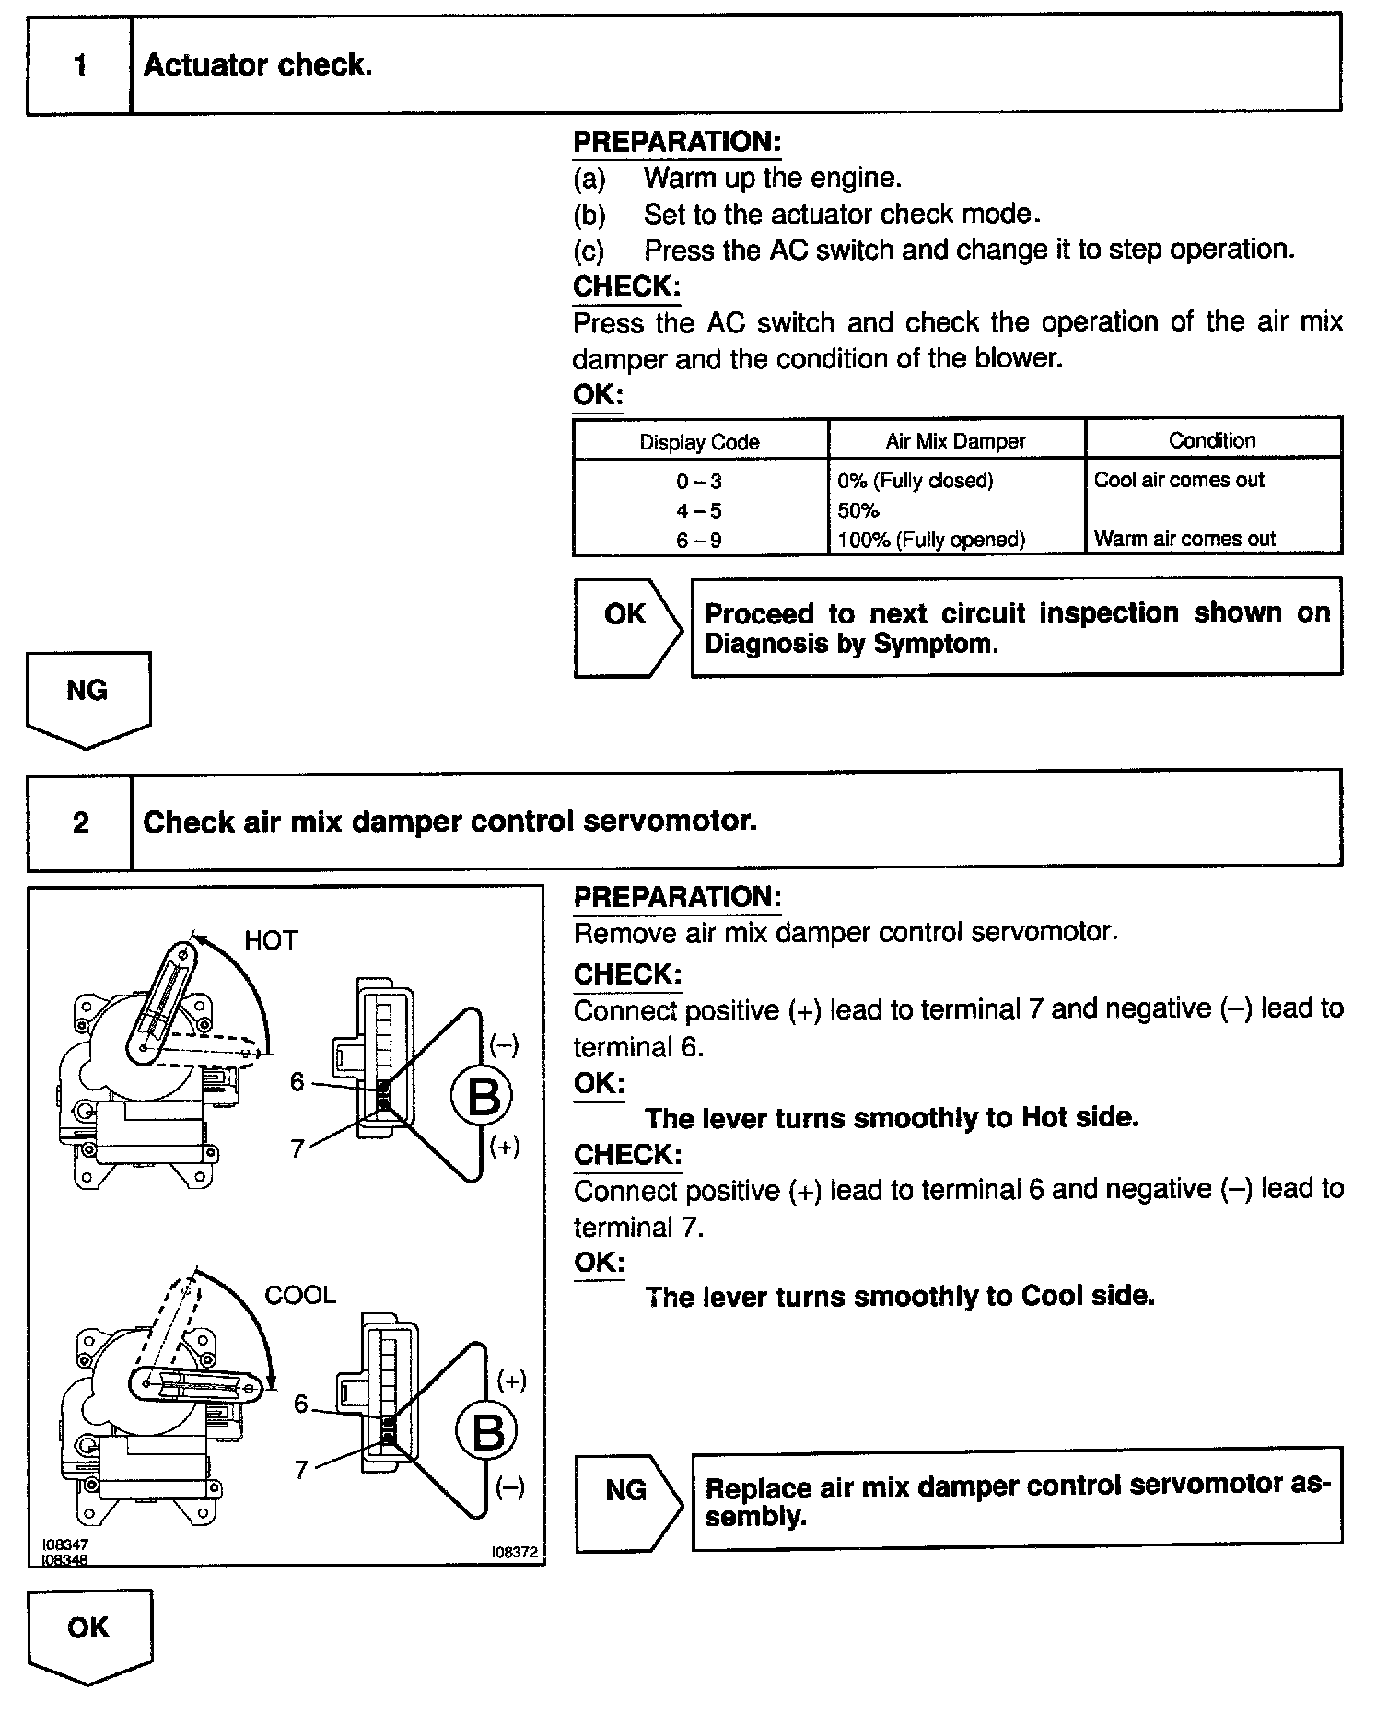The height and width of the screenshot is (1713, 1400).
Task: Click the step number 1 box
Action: (x=80, y=65)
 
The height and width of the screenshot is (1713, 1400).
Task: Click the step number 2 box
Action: (x=80, y=822)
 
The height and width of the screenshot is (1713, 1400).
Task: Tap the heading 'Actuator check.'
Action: (x=258, y=65)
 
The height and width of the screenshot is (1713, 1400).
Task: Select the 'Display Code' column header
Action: (x=699, y=441)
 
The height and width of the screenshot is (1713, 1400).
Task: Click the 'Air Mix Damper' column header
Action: (x=955, y=441)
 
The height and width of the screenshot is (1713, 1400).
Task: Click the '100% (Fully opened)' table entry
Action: (x=931, y=540)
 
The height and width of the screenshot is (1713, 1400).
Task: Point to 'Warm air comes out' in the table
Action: (x=1184, y=539)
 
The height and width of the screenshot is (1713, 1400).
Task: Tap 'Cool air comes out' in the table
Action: (x=1179, y=480)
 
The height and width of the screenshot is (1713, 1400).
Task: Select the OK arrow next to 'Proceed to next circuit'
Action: (x=626, y=626)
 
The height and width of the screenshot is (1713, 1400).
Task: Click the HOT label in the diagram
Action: (x=271, y=940)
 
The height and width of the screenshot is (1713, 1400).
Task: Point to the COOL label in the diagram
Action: (x=300, y=1295)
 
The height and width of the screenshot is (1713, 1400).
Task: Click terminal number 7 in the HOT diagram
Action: (x=297, y=1148)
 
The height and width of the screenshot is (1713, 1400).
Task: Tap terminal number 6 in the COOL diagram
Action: (x=300, y=1404)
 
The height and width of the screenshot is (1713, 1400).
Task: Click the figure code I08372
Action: (x=514, y=1552)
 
